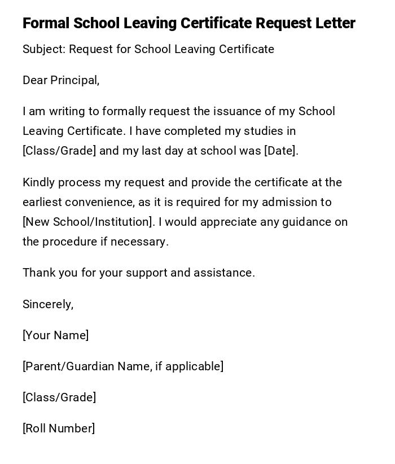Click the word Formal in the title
pos(46,23)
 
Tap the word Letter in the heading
pos(336,23)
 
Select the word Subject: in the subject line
pos(44,49)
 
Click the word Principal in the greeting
pos(74,80)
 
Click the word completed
pos(193,131)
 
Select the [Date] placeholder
pos(280,151)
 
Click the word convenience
pos(97,202)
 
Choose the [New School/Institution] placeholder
pos(88,222)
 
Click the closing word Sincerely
pos(47,304)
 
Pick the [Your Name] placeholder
pos(55,335)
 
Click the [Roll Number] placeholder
pos(59,428)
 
